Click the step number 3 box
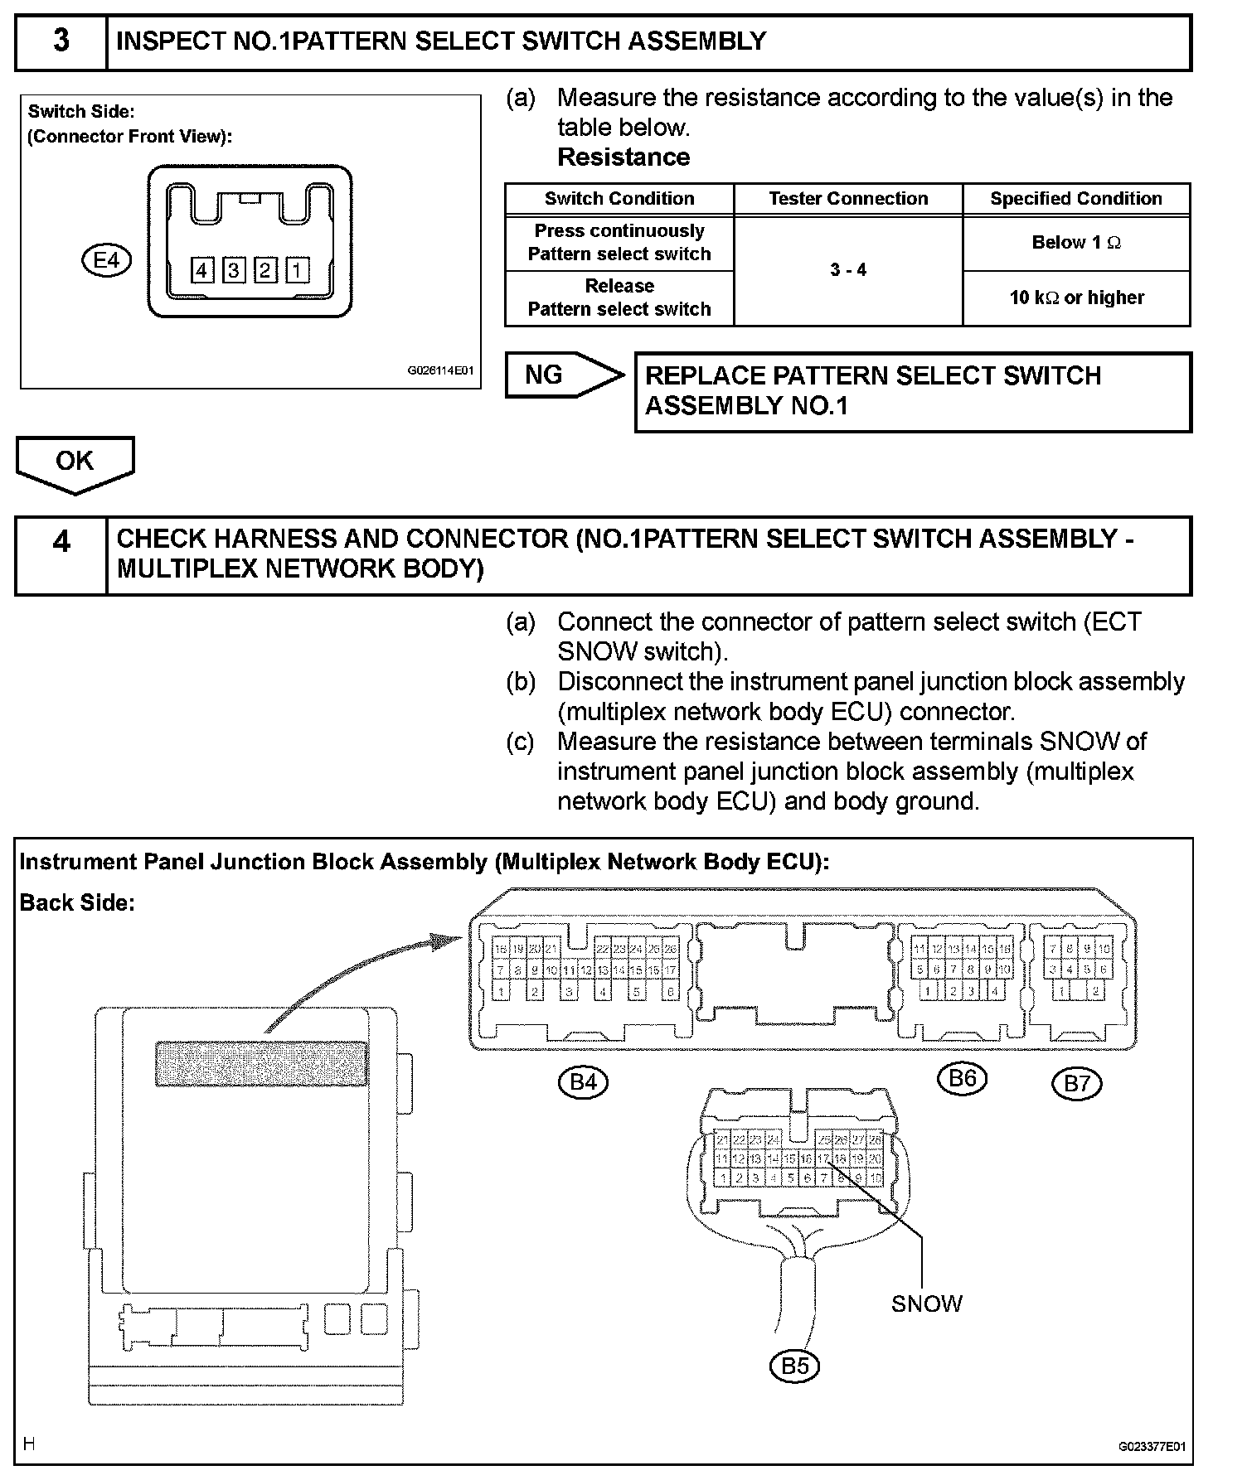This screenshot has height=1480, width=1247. pyautogui.click(x=61, y=41)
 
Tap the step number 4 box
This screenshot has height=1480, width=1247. pyautogui.click(x=61, y=555)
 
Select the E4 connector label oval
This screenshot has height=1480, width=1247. pyautogui.click(x=106, y=261)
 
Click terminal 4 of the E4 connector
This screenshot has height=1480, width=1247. pyautogui.click(x=202, y=270)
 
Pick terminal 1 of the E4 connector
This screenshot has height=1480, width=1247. pyautogui.click(x=297, y=270)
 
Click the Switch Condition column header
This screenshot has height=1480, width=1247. pyautogui.click(x=619, y=199)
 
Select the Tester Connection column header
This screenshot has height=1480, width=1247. pyautogui.click(x=847, y=199)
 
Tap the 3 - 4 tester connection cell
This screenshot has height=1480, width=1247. pyautogui.click(x=847, y=270)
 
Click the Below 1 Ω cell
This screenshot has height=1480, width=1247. pyautogui.click(x=1075, y=243)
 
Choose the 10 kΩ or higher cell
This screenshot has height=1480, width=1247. pyautogui.click(x=1075, y=297)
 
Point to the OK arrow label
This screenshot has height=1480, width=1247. pyautogui.click(x=75, y=462)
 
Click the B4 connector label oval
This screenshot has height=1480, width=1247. pyautogui.click(x=584, y=1081)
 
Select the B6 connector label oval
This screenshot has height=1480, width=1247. pyautogui.click(x=962, y=1078)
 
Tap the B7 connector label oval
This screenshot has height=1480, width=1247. pyautogui.click(x=1076, y=1083)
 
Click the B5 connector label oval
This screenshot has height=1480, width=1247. pyautogui.click(x=794, y=1365)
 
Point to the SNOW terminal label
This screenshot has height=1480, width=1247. pyautogui.click(x=926, y=1304)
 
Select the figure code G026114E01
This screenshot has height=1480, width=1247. pyautogui.click(x=439, y=371)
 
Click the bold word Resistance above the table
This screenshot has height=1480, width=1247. pyautogui.click(x=623, y=157)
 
